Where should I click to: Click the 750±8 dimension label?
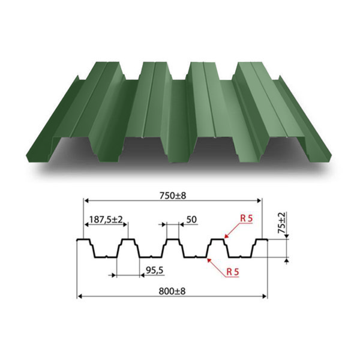(x=172, y=196)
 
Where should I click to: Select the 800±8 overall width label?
(x=172, y=291)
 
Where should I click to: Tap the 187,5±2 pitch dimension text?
(x=106, y=220)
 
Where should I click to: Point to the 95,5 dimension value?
(x=155, y=270)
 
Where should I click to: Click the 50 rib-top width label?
(x=191, y=220)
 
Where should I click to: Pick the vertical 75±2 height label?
(x=282, y=223)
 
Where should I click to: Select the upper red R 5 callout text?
(x=247, y=218)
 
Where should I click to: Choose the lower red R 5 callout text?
(x=233, y=272)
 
